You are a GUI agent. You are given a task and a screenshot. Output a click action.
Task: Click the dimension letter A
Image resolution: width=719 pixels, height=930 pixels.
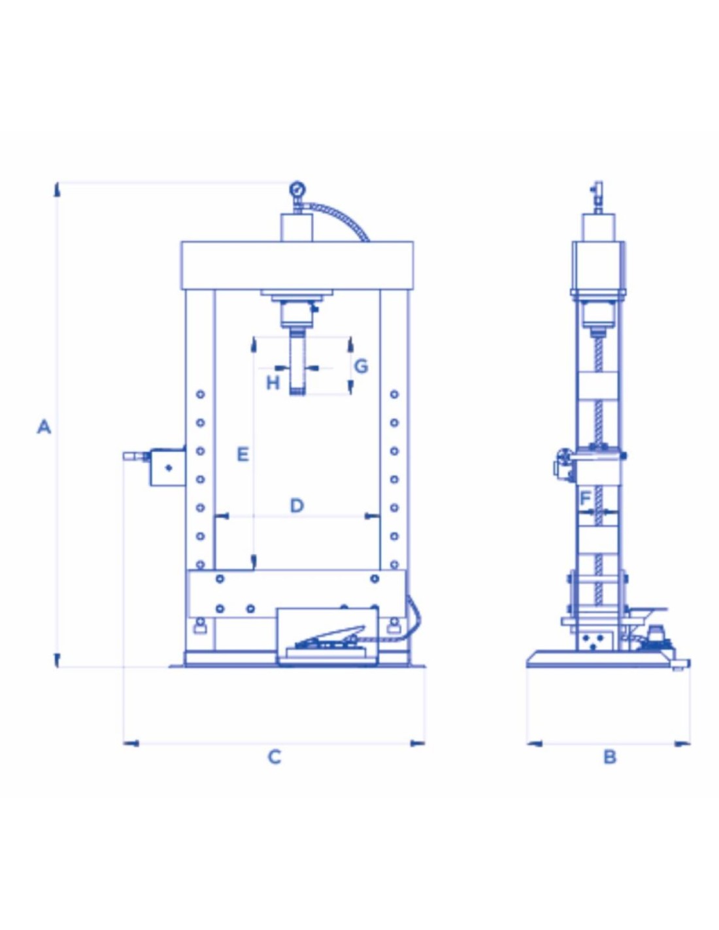coord(44,426)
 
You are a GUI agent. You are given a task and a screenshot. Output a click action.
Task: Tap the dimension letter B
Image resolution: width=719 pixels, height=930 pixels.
coord(610,757)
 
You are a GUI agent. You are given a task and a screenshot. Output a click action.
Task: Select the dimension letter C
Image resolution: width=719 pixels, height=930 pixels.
coord(275,757)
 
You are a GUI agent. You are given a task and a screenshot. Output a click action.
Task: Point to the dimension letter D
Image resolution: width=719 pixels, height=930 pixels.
coord(297,506)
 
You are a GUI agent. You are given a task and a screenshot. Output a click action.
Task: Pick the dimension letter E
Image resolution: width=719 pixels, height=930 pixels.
coord(243,454)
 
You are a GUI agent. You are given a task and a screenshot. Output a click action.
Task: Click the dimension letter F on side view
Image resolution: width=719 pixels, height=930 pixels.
coord(585,498)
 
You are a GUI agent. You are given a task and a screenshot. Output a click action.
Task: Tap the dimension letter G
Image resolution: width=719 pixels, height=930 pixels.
coord(361,366)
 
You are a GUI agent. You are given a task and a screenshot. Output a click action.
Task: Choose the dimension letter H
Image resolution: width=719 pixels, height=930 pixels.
coord(273,383)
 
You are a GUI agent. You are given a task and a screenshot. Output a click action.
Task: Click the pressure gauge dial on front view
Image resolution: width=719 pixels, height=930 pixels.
coord(296,189)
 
